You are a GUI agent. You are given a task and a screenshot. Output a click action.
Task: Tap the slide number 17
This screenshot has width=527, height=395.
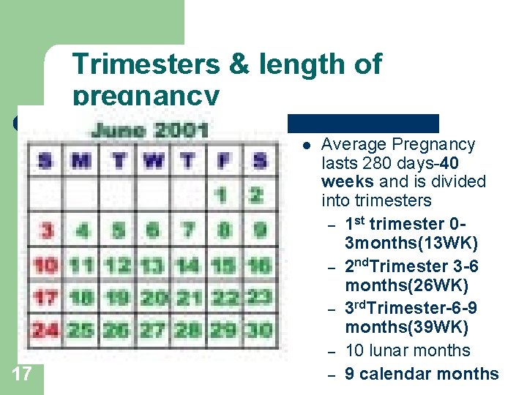coord(22,375)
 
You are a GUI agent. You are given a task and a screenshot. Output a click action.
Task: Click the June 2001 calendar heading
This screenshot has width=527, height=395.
coord(151,131)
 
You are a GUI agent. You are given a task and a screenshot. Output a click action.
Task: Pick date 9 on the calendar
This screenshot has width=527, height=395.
coord(258,230)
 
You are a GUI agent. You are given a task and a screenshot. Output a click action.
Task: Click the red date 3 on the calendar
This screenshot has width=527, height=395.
coord(47,230)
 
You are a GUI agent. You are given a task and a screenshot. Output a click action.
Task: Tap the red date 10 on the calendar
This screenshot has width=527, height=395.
coord(46,264)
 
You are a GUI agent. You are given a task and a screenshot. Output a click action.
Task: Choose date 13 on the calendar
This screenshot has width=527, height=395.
coord(152,264)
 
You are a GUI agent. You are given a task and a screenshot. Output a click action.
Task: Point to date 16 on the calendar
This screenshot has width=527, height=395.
coord(258,264)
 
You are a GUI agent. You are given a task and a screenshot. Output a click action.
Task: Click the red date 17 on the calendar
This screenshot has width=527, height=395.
coord(46,298)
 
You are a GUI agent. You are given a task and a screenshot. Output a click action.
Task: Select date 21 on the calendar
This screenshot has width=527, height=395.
coord(187,298)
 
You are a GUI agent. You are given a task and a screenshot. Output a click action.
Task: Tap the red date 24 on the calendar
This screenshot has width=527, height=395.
coord(46,330)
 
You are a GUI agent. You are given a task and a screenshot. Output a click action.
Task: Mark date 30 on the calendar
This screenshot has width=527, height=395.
coord(258,330)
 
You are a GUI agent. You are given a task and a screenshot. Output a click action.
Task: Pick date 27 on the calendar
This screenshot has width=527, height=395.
coord(152,330)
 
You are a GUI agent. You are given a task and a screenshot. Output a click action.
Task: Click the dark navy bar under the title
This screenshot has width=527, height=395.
coord(363,123)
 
